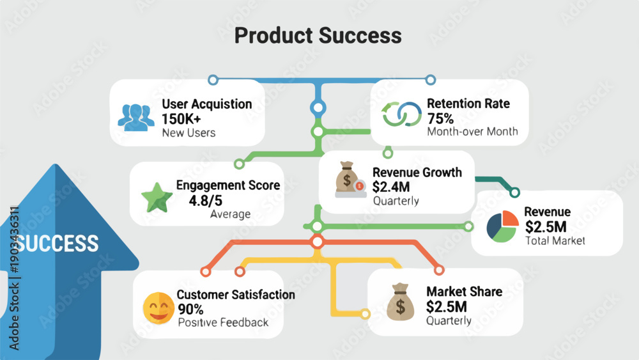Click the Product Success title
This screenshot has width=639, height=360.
tap(318, 35)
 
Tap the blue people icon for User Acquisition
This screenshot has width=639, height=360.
tap(136, 118)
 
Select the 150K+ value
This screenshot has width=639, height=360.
tap(181, 119)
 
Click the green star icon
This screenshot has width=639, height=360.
tap(157, 198)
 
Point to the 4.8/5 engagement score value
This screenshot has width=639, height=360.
tap(205, 201)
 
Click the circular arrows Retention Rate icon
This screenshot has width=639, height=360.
tap(402, 114)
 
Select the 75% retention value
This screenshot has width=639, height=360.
tap(440, 119)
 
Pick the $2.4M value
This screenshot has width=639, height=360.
tap(391, 187)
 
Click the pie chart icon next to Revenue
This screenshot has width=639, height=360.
tap(502, 226)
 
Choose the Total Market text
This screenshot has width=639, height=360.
tap(555, 240)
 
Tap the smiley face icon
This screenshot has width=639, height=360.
tap(159, 308)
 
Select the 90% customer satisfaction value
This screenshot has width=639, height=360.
tap(190, 309)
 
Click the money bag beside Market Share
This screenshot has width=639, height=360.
tap(400, 302)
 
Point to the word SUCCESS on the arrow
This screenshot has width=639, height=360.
tap(58, 244)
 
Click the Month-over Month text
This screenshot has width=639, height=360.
tap(473, 132)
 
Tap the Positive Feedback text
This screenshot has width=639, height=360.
tap(223, 322)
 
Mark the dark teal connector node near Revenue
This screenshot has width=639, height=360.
tap(514, 192)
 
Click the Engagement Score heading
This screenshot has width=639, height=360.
tap(228, 185)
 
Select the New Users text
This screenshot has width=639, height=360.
tap(189, 133)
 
